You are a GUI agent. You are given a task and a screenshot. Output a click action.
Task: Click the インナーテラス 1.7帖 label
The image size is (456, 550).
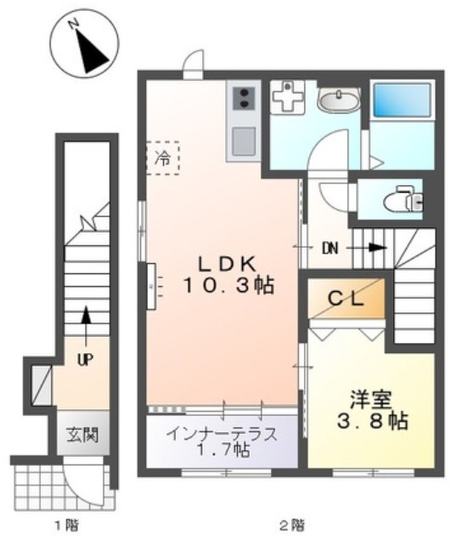tap(223, 441)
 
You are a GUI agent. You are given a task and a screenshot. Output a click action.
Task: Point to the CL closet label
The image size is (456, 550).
tap(347, 298)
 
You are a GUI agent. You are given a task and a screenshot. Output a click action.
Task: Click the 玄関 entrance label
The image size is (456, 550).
tap(83, 436)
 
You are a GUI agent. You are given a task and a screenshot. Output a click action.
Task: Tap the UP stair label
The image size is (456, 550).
tap(85, 359)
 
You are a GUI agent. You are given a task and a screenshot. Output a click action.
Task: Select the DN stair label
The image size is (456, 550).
tap(330, 249)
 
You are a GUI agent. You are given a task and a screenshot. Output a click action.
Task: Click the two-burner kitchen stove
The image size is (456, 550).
tap(242, 98)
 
